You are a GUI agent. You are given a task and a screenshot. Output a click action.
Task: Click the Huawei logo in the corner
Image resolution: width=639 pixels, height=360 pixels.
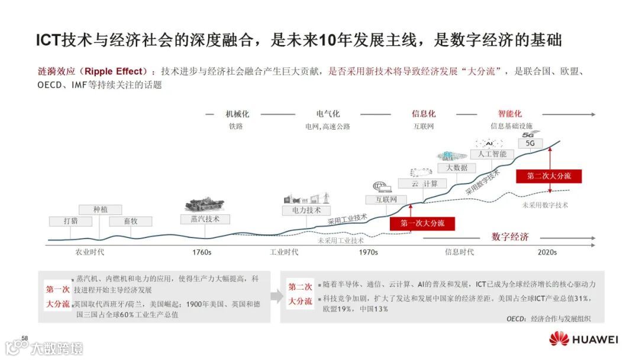tap(583, 339)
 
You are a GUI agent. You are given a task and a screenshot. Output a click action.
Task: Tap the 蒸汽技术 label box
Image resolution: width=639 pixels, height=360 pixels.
tap(205, 219)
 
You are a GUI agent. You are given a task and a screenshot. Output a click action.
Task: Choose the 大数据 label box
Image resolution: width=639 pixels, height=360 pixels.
tap(456, 168)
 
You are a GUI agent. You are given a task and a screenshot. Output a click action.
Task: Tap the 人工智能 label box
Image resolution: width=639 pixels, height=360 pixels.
tap(492, 154)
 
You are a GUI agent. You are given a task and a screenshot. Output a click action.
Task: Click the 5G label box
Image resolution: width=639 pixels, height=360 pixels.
tap(530, 143)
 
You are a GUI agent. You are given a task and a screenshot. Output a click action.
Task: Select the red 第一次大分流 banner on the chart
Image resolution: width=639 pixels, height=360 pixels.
tap(418, 223)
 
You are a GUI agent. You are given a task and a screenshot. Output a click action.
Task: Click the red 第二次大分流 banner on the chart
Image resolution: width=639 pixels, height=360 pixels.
tap(549, 176)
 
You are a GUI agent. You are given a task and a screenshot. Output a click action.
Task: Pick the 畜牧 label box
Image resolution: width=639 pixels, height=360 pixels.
tap(131, 221)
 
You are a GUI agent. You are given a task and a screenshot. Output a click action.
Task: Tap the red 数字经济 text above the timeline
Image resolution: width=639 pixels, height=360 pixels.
tap(510, 237)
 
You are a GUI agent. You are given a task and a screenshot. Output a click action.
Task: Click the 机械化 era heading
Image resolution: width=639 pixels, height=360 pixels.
tap(237, 114)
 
